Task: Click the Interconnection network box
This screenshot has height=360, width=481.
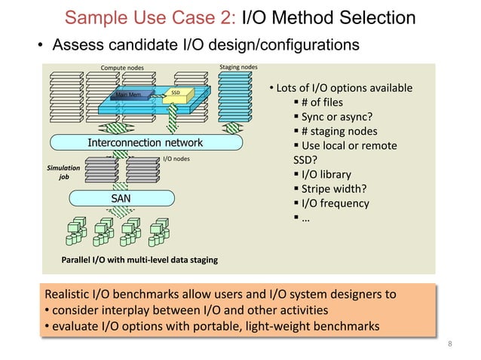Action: (x=146, y=143)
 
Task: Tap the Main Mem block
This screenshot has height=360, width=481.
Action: (x=128, y=95)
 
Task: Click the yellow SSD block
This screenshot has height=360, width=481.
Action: (x=175, y=93)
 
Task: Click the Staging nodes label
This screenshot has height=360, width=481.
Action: (x=237, y=67)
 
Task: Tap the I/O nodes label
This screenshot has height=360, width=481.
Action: (x=176, y=159)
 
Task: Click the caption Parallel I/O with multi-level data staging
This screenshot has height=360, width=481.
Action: (x=139, y=260)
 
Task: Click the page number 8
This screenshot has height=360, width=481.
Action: (x=450, y=344)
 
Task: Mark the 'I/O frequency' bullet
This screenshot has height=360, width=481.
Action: (x=335, y=203)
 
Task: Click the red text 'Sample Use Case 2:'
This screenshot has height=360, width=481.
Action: (x=151, y=17)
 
